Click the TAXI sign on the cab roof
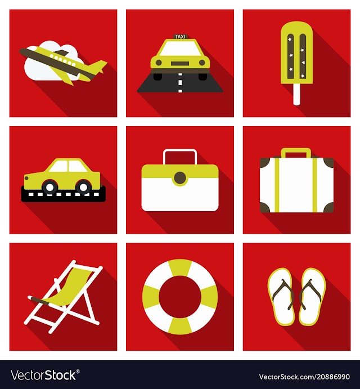click(180, 37)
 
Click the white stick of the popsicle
click(296, 94)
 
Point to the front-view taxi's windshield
click(180, 48)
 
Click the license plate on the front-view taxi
click(180, 64)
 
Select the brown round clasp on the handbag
click(180, 178)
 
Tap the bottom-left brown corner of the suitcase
click(265, 207)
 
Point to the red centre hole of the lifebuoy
click(180, 297)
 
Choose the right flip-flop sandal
click(312, 297)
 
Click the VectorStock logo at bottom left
click(45, 375)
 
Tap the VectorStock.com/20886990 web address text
click(304, 377)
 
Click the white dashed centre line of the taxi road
click(180, 83)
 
